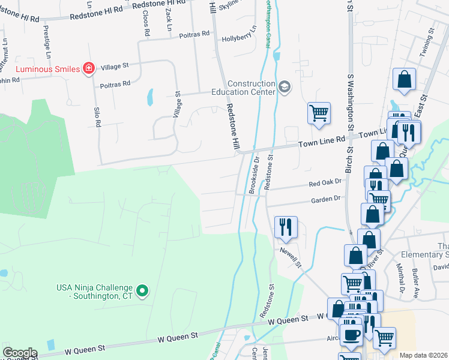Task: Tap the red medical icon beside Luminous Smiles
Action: [89, 68]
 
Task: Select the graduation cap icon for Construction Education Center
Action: [284, 89]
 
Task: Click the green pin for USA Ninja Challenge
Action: [142, 292]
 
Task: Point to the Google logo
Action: [20, 353]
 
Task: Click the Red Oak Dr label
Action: [325, 182]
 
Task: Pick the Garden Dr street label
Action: [325, 199]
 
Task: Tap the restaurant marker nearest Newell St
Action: [284, 226]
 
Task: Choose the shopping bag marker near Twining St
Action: [405, 80]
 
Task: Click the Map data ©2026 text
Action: [424, 355]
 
